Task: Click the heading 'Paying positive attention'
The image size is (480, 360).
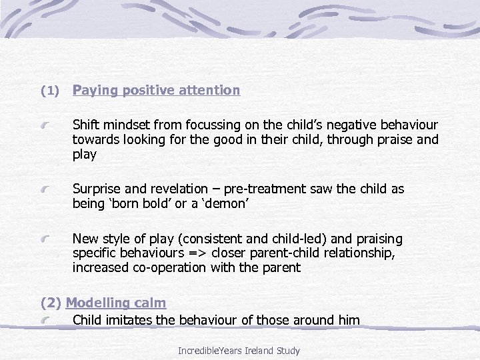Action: [156, 90]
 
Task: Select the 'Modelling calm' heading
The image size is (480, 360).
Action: [116, 303]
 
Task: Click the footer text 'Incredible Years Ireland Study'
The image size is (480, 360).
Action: [239, 350]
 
